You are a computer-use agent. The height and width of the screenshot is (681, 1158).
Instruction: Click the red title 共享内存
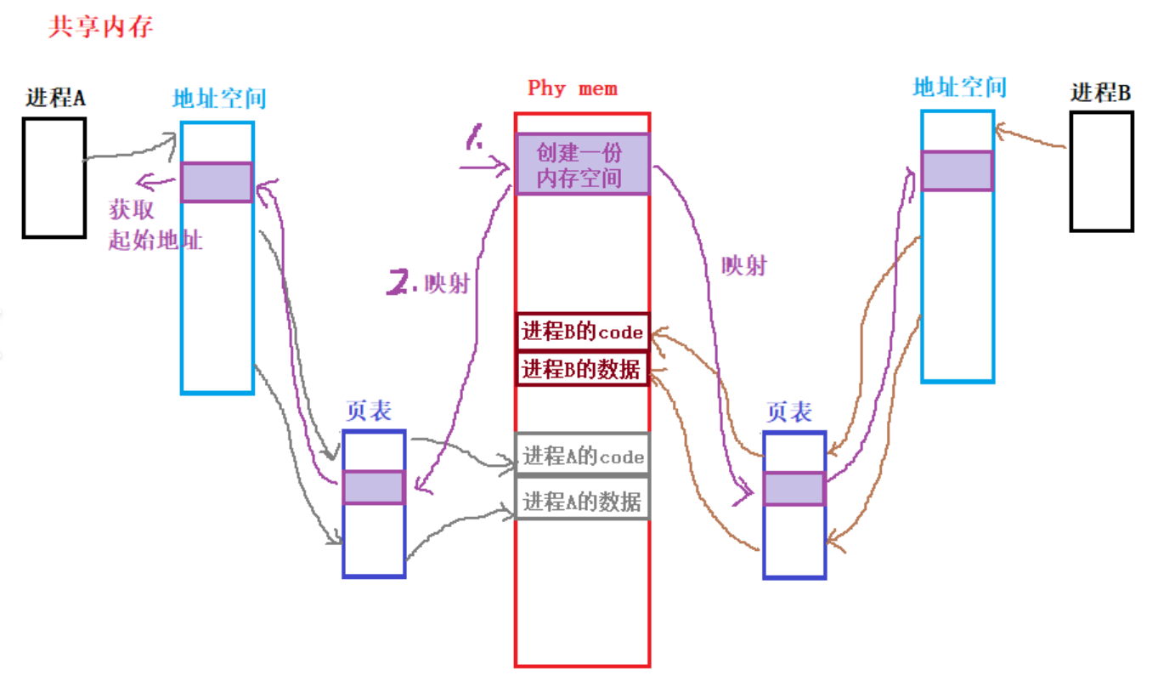tap(101, 27)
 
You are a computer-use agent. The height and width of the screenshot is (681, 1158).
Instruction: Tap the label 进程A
tap(56, 98)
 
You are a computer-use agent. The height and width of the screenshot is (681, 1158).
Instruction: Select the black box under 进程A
tap(54, 177)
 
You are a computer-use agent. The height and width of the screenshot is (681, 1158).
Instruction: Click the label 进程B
tap(1100, 93)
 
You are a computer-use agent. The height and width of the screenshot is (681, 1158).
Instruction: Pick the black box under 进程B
tap(1101, 171)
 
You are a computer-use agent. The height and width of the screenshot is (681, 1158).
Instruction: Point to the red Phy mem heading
tap(573, 88)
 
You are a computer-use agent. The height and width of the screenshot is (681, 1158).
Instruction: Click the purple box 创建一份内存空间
tap(582, 164)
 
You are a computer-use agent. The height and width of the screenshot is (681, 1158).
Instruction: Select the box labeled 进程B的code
tap(582, 332)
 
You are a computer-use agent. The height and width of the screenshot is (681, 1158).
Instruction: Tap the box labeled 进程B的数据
tap(582, 369)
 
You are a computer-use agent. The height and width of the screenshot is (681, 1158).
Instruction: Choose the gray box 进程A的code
tap(582, 457)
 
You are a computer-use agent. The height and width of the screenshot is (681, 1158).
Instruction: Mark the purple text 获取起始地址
tap(155, 224)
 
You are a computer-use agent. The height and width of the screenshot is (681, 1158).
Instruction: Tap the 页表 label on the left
tap(368, 411)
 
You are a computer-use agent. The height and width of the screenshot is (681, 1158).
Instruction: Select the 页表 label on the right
tap(789, 412)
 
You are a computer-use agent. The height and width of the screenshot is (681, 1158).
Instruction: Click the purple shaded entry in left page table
tap(374, 487)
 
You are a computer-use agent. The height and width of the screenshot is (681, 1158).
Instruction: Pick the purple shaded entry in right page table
tap(794, 489)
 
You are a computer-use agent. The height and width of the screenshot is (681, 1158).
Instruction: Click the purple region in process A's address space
tap(217, 182)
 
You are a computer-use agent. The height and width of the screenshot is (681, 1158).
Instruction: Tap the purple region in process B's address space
tap(957, 171)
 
